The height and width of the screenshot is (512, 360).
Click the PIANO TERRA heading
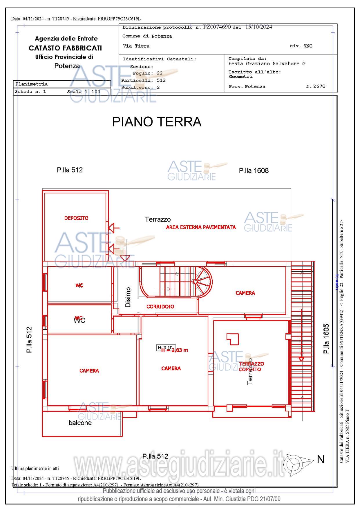point(157,122)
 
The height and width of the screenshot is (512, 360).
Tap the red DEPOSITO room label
point(76,218)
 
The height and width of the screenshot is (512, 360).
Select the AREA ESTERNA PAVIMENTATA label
point(201,227)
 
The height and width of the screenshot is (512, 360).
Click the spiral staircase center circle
point(195,282)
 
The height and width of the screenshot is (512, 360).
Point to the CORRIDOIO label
point(160,306)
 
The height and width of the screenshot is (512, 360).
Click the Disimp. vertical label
point(128,296)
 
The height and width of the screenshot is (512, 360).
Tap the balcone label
point(80,423)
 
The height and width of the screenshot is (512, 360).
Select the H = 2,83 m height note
point(174,350)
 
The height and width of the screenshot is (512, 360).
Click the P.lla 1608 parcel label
point(254,171)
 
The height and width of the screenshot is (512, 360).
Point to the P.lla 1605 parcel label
point(326,339)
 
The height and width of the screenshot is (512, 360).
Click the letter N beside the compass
point(321,460)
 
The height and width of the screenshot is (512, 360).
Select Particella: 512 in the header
point(143,80)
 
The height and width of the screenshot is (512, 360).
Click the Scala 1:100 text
point(84,92)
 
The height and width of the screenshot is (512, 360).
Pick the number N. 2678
point(316,86)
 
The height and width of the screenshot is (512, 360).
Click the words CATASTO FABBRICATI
point(65,48)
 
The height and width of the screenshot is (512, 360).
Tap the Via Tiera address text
point(136,46)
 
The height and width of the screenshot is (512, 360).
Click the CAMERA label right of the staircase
point(245,293)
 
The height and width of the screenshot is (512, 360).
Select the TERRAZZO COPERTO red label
point(251,366)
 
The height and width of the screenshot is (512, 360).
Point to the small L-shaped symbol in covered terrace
point(233,339)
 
